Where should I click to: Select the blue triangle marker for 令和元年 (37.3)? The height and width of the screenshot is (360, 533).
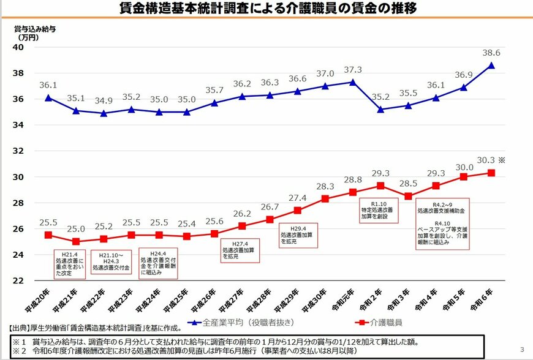tap(352, 81)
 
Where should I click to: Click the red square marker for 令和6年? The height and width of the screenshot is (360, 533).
tap(491, 173)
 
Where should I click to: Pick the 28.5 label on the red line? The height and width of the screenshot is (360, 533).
tap(408, 184)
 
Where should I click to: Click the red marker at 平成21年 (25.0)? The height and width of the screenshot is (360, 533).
tap(75, 241)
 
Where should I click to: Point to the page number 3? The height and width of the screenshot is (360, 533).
tap(521, 349)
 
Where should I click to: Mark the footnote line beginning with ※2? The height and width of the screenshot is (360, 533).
tap(202, 351)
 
